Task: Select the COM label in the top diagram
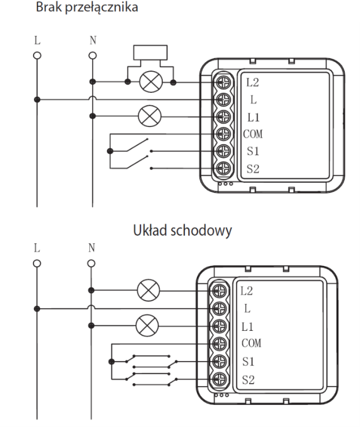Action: (x=254, y=134)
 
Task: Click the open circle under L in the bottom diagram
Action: (x=37, y=264)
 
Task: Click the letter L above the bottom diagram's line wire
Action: (x=37, y=249)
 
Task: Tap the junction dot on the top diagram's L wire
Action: (x=37, y=100)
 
